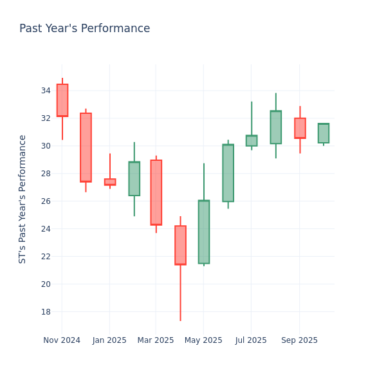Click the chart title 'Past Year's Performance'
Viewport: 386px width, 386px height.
pyautogui.click(x=84, y=29)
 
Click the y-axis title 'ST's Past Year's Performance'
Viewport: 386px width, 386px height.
pyautogui.click(x=23, y=199)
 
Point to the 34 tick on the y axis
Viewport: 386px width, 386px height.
pyautogui.click(x=46, y=91)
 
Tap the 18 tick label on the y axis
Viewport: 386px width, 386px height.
pyautogui.click(x=46, y=312)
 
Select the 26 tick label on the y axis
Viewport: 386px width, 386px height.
pyautogui.click(x=46, y=201)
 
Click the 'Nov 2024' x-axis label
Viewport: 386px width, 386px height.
pyautogui.click(x=62, y=340)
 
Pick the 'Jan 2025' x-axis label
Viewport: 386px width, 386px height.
pyautogui.click(x=109, y=340)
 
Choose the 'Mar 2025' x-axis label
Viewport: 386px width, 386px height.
pyautogui.click(x=155, y=340)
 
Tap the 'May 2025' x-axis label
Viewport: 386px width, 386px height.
pyautogui.click(x=203, y=340)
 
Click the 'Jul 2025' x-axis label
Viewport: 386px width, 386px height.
pyautogui.click(x=251, y=340)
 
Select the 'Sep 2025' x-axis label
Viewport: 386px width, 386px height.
pyautogui.click(x=299, y=340)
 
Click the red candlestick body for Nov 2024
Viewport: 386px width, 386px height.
pyautogui.click(x=62, y=100)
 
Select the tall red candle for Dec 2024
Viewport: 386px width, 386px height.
pyautogui.click(x=86, y=147)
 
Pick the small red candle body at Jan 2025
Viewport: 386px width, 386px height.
pyautogui.click(x=110, y=182)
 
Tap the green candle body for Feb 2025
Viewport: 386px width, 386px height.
pyautogui.click(x=134, y=179)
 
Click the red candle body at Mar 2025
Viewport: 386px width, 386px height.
pyautogui.click(x=156, y=192)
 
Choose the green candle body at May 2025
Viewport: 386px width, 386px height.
pyautogui.click(x=203, y=232)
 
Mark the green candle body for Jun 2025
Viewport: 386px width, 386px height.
pyautogui.click(x=228, y=173)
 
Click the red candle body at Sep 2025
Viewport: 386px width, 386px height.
pyautogui.click(x=300, y=128)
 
